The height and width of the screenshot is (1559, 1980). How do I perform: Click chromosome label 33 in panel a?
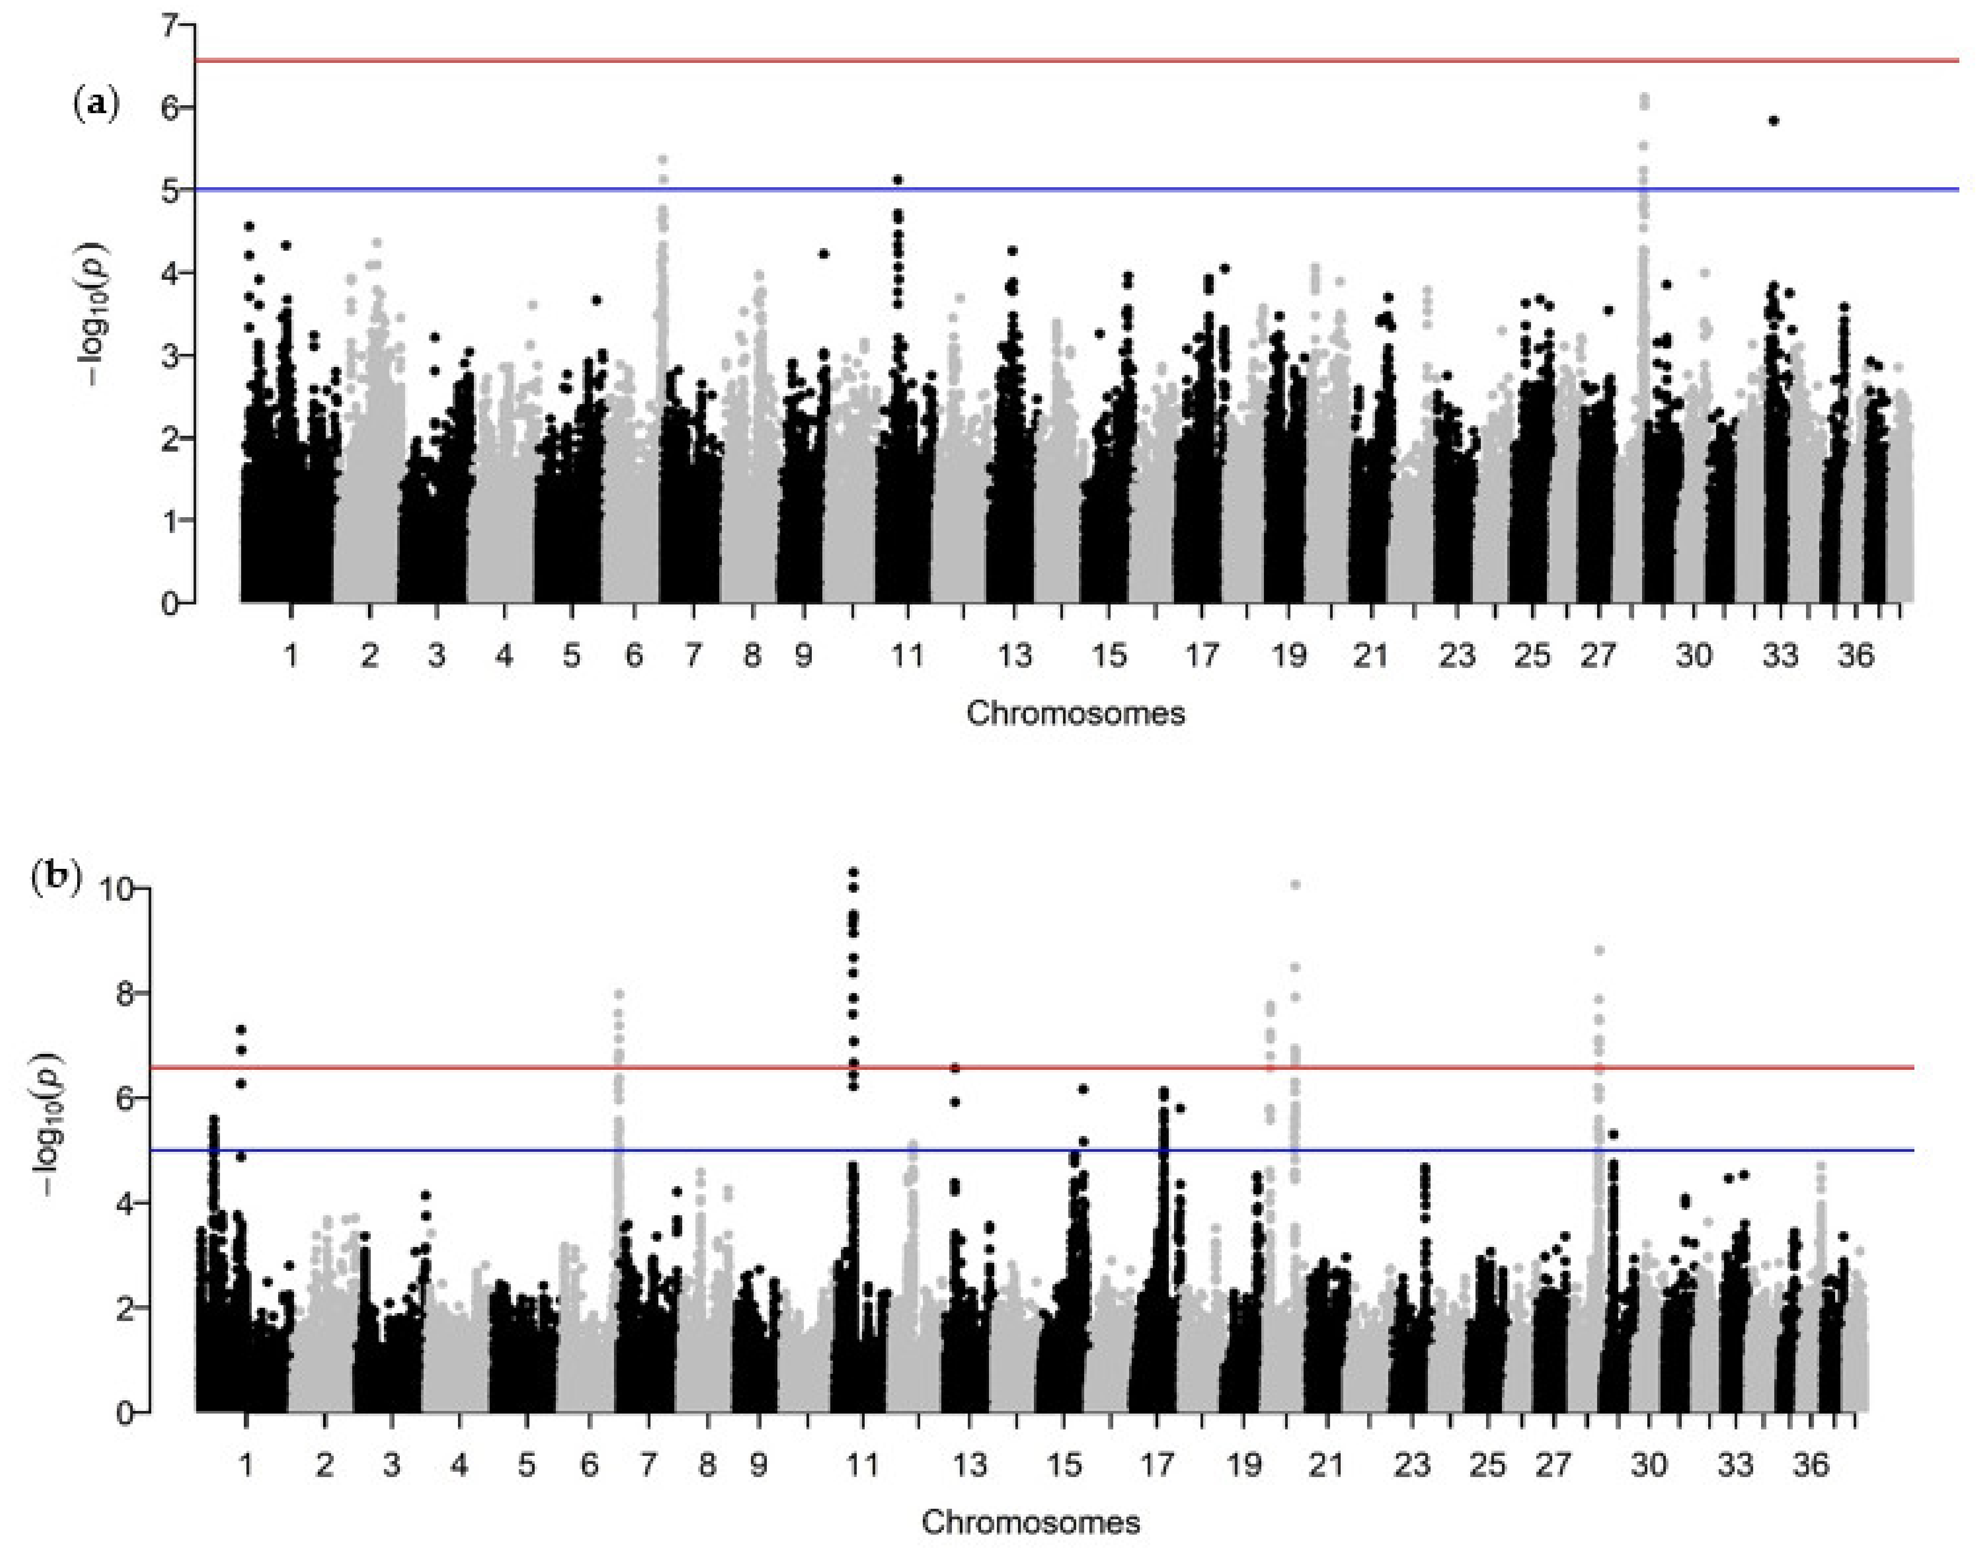(1779, 655)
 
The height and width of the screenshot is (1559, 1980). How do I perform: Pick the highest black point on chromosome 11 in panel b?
(854, 872)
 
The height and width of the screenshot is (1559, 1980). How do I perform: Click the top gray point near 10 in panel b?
(1295, 884)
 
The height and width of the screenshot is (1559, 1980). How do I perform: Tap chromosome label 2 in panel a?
(369, 655)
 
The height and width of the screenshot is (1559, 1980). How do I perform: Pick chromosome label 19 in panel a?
(1288, 655)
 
